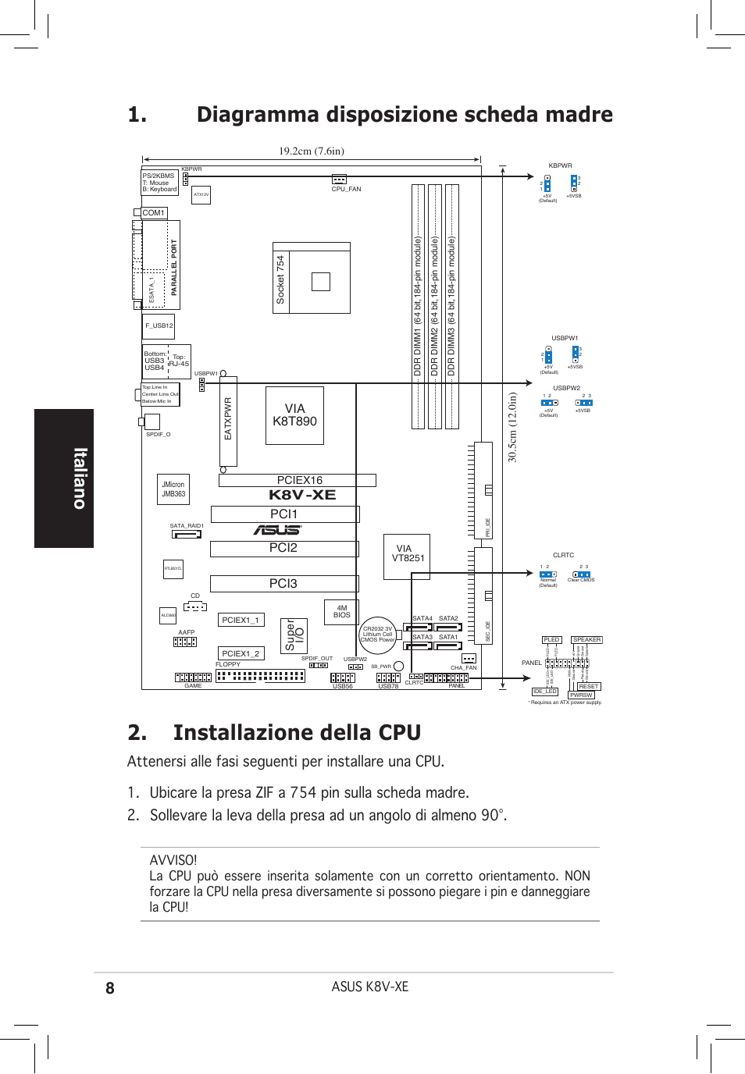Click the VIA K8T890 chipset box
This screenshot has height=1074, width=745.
294,415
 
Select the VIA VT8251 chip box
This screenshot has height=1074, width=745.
406,556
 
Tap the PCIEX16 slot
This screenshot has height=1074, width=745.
298,480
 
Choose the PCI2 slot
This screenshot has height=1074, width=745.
283,548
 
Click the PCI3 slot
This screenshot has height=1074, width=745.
283,583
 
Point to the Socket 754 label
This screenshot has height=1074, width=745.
280,279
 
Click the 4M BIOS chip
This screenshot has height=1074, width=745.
341,612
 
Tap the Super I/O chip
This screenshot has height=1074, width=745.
294,635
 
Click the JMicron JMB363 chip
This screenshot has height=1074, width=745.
173,489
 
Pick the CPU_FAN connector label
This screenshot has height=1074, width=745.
346,189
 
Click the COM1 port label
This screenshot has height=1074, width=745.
153,212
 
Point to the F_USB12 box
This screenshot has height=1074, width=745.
159,325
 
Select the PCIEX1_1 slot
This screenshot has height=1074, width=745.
241,620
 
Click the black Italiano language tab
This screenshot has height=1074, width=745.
64,478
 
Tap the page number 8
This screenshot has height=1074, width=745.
110,987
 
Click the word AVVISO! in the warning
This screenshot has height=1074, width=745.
173,860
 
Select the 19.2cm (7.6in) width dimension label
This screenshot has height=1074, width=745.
311,151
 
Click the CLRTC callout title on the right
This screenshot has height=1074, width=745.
563,555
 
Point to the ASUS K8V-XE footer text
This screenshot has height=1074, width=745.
369,987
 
